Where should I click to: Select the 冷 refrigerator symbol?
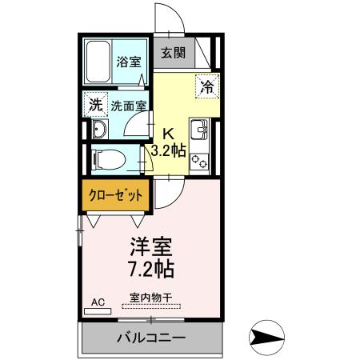pos(206,86)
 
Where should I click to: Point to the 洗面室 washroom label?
pos(128,105)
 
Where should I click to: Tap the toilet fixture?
pos(104,157)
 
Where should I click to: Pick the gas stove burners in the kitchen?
pos(199,161)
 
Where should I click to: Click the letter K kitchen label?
pos(169,133)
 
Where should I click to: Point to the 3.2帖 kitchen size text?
pos(168,150)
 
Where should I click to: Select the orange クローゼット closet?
pos(116,195)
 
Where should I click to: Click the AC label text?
pos(98,302)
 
